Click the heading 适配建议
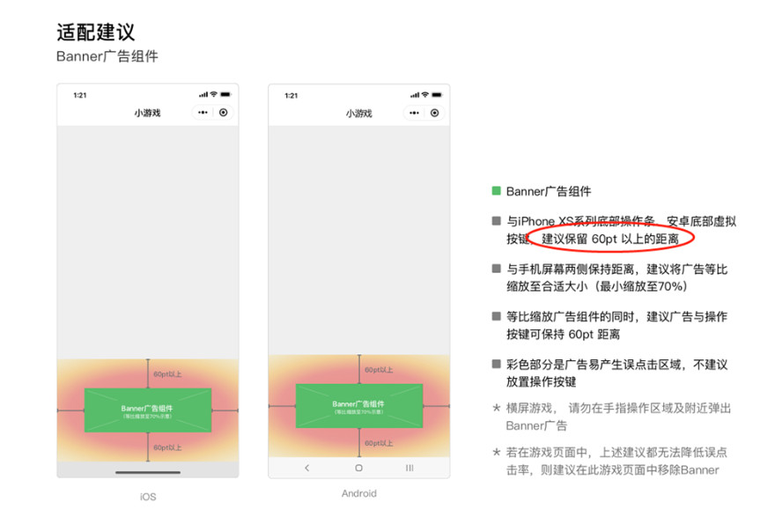point(95,33)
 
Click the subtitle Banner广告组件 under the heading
point(107,57)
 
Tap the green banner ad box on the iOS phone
point(147,410)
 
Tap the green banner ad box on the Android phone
point(358,406)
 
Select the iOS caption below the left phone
point(147,497)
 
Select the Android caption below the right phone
point(358,493)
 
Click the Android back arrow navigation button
point(306,468)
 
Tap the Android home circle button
point(358,468)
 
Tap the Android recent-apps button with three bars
point(409,468)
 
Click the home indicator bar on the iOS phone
point(147,472)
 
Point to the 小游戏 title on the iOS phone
point(147,113)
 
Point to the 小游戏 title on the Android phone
point(358,114)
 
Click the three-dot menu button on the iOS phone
point(203,113)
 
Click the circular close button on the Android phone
point(434,114)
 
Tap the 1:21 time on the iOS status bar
point(79,95)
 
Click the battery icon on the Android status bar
point(437,95)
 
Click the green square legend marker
point(497,191)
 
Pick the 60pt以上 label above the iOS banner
point(167,374)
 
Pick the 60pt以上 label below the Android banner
point(379,443)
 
